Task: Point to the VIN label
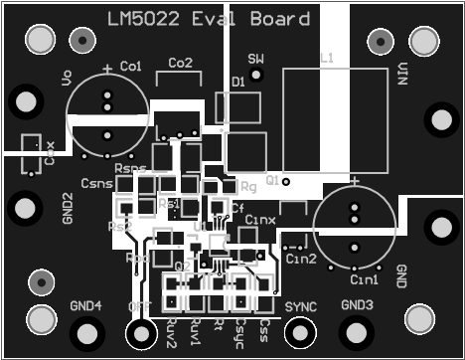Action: [403, 74]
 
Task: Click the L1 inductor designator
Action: [326, 59]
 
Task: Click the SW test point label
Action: [256, 60]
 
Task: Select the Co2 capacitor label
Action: [181, 63]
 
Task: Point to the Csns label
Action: [96, 184]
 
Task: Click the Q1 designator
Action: [273, 180]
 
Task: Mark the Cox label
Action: [51, 153]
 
